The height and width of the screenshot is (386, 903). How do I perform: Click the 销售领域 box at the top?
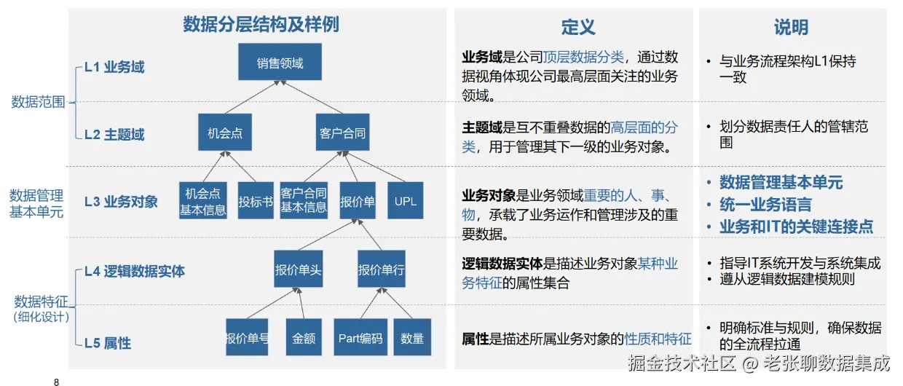(280, 62)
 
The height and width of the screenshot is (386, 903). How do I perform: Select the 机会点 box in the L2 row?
(224, 133)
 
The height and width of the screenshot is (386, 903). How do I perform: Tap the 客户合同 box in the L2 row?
(342, 133)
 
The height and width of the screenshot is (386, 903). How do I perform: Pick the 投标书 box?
(255, 201)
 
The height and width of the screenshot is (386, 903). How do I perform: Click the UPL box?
(405, 200)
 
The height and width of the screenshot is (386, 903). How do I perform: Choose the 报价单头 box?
(298, 269)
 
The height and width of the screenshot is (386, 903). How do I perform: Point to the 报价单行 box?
(381, 269)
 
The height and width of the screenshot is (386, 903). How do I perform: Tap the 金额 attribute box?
(304, 337)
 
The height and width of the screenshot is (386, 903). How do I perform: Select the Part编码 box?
(360, 337)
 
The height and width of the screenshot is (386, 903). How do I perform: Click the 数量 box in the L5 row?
(412, 337)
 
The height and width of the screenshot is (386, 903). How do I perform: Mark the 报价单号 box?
(247, 337)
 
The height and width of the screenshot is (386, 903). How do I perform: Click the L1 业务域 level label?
(114, 67)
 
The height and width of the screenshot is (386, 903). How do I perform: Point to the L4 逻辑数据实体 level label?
(135, 271)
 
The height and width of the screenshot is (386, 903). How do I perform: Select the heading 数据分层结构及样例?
(261, 25)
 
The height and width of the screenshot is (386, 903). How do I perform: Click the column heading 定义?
(578, 28)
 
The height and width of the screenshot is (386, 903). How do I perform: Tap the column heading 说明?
(791, 28)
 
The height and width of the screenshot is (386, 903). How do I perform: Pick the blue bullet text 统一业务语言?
(765, 205)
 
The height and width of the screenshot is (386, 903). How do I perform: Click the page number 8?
(57, 381)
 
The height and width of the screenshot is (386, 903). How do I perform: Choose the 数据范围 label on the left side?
(38, 102)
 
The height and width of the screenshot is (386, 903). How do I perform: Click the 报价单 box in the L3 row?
(358, 201)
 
